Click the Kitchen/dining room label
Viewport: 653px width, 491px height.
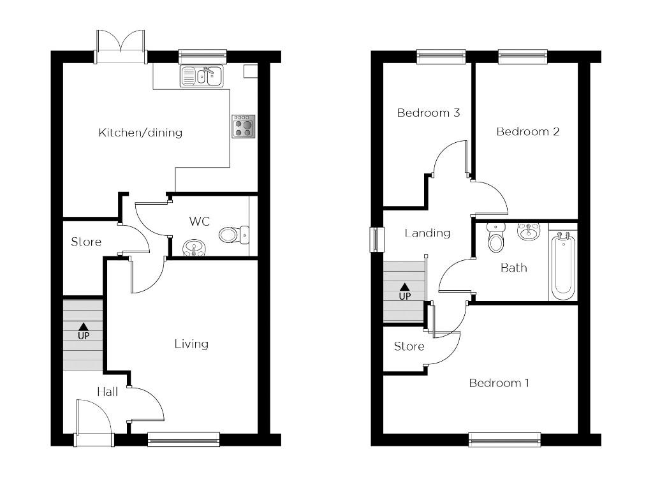pos(140,133)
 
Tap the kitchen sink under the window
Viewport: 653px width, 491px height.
pos(201,77)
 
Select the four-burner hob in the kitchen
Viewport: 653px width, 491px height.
pos(243,126)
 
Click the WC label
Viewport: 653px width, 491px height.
pos(199,222)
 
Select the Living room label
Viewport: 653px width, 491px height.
pos(191,344)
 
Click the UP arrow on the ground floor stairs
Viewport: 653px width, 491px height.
pos(84,330)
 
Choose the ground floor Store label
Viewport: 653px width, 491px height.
pos(86,242)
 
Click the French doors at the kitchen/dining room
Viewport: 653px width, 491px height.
pos(121,47)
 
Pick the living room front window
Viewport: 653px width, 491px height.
pos(184,439)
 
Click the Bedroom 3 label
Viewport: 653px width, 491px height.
pos(429,113)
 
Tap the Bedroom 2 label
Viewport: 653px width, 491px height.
pos(528,132)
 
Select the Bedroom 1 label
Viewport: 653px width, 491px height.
pos(499,383)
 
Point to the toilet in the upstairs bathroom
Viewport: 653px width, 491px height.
pos(495,238)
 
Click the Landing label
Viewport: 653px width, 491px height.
pos(427,233)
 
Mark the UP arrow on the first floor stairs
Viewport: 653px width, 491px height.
pos(404,291)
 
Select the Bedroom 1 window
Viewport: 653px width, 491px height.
pos(504,439)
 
